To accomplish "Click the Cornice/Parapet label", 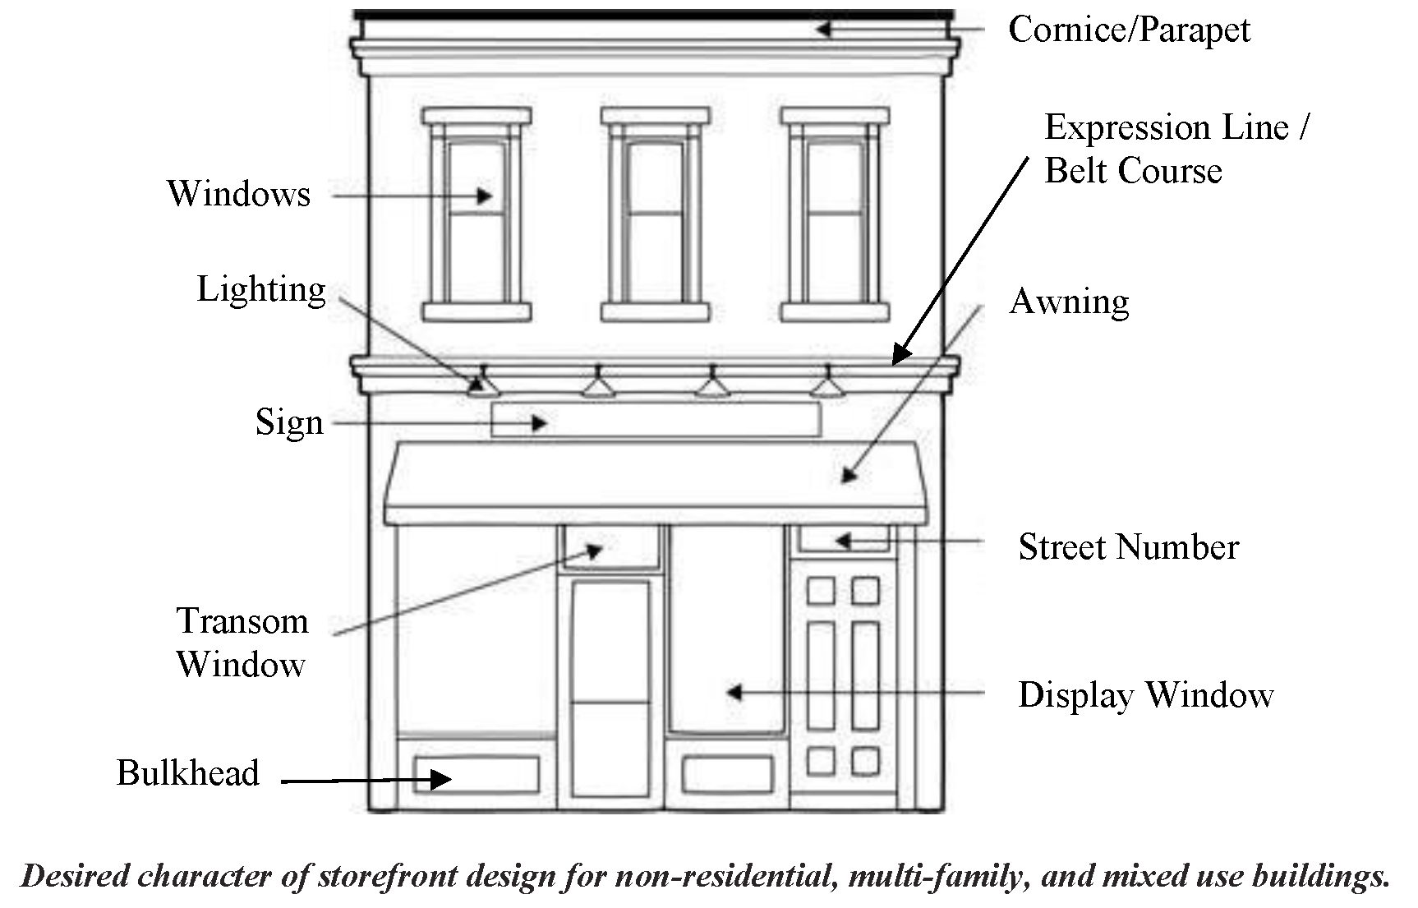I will pyautogui.click(x=1128, y=30).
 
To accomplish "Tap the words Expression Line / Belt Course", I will pyautogui.click(x=1175, y=150).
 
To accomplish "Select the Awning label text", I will pyautogui.click(x=1069, y=302).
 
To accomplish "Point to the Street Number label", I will pyautogui.click(x=1128, y=547).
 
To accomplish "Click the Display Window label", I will pyautogui.click(x=1145, y=695).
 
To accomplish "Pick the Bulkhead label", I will pyautogui.click(x=187, y=773).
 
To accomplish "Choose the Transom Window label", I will pyautogui.click(x=242, y=643).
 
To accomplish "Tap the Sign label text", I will pyautogui.click(x=289, y=423).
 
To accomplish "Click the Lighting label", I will pyautogui.click(x=261, y=290).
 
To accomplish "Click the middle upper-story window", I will pyautogui.click(x=655, y=215).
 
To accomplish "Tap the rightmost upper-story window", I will pyautogui.click(x=835, y=215).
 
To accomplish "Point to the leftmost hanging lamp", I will pyautogui.click(x=483, y=385).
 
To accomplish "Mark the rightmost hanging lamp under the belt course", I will pyautogui.click(x=828, y=385).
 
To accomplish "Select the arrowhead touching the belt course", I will pyautogui.click(x=900, y=355).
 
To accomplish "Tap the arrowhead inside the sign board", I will pyautogui.click(x=540, y=423).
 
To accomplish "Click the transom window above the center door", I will pyautogui.click(x=610, y=546).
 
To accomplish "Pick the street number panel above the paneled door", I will pyautogui.click(x=845, y=539).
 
